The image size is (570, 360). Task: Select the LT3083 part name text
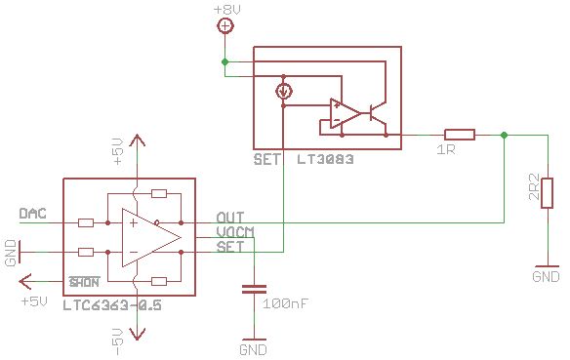tap(325, 158)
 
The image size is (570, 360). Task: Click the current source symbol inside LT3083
tap(283, 93)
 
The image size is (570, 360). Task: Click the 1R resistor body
tap(459, 135)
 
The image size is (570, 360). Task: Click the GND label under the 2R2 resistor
tap(546, 277)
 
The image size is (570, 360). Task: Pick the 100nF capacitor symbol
tap(254, 289)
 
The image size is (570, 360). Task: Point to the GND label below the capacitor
tap(253, 348)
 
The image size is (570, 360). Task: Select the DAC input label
tap(31, 213)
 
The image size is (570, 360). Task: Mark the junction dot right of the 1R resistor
tap(504, 135)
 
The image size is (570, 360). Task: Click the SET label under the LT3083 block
tap(267, 158)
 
